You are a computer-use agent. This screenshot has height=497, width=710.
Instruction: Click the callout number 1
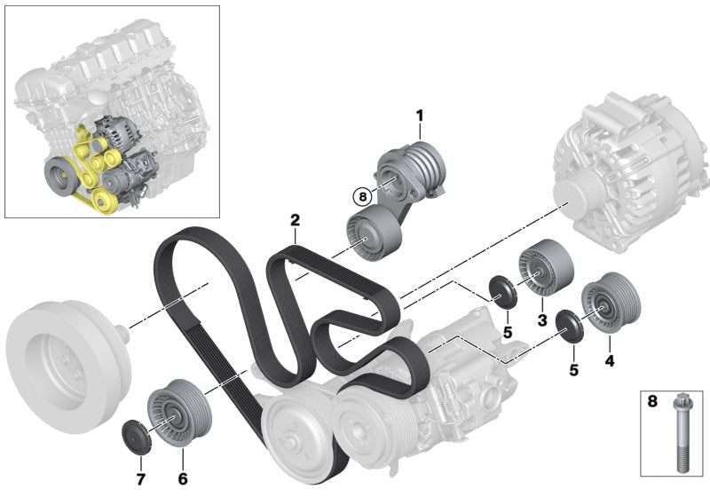click(420, 116)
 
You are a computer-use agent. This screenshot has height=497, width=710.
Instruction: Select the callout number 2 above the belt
click(295, 220)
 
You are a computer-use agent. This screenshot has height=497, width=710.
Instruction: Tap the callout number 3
click(542, 320)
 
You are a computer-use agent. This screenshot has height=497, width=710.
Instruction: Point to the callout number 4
click(610, 360)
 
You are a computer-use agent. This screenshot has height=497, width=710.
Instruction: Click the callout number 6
click(183, 478)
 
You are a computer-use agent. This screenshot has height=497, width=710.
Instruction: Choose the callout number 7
click(140, 478)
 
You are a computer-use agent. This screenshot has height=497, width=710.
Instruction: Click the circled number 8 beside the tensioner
click(362, 197)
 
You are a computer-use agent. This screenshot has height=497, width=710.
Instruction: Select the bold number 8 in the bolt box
click(652, 401)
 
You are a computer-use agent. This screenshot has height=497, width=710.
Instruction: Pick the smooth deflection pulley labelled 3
click(546, 267)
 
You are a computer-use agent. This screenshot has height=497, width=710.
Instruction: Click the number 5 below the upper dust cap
click(507, 333)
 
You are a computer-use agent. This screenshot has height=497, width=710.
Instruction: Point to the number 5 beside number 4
click(573, 370)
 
